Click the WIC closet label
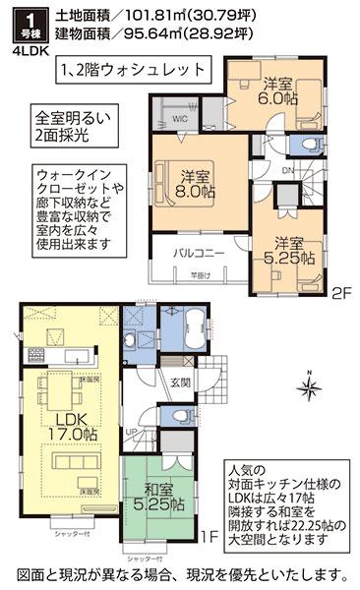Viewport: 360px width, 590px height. pos(181,119)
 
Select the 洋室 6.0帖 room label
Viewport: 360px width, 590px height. pos(276,91)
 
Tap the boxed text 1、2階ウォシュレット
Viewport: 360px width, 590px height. pos(147,71)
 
